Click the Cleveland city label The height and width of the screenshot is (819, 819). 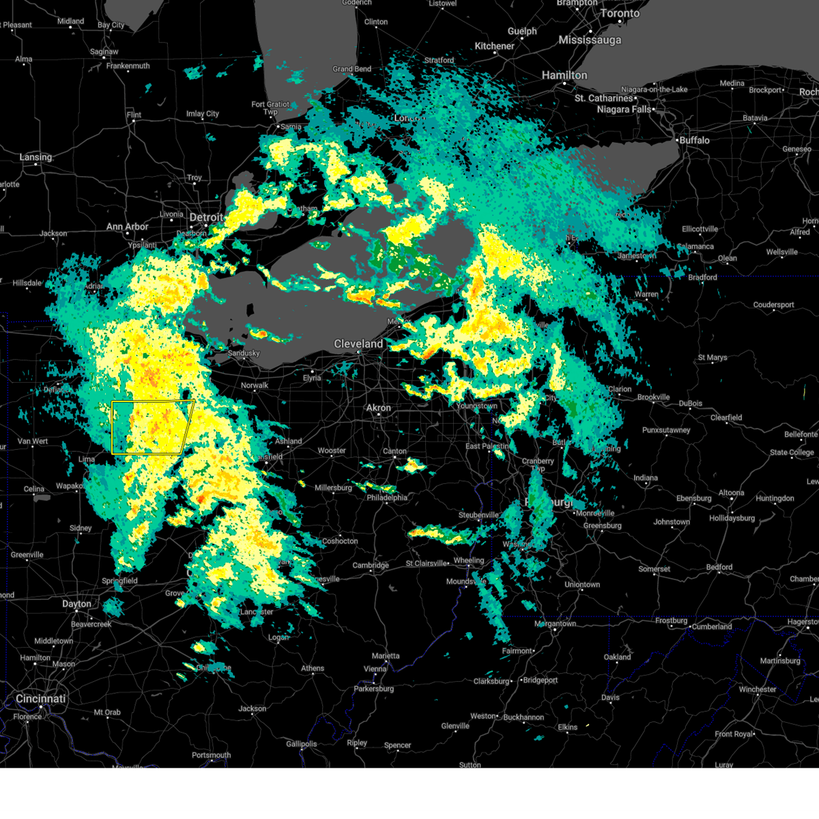point(358,344)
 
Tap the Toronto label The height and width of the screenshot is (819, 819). point(620,13)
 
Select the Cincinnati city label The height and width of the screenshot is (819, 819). point(41,699)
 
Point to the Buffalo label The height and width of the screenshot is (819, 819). point(694,140)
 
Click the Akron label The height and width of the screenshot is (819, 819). point(379,407)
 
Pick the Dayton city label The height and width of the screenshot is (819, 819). point(76,603)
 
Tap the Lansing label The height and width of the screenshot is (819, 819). point(35,157)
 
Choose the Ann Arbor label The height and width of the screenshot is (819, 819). point(127,227)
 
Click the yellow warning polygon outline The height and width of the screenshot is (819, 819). point(113,427)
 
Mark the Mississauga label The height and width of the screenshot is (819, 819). point(590,40)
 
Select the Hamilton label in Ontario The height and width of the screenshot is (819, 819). point(564,75)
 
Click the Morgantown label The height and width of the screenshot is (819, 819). point(555,624)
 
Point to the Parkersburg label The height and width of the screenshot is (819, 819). point(374,689)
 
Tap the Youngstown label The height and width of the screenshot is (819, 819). point(477,405)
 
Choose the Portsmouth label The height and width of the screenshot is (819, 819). point(212,755)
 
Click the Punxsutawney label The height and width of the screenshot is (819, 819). point(666,430)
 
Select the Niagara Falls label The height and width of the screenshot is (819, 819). point(624,109)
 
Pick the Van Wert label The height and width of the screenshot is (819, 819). point(33,441)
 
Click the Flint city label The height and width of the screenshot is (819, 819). point(134,114)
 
